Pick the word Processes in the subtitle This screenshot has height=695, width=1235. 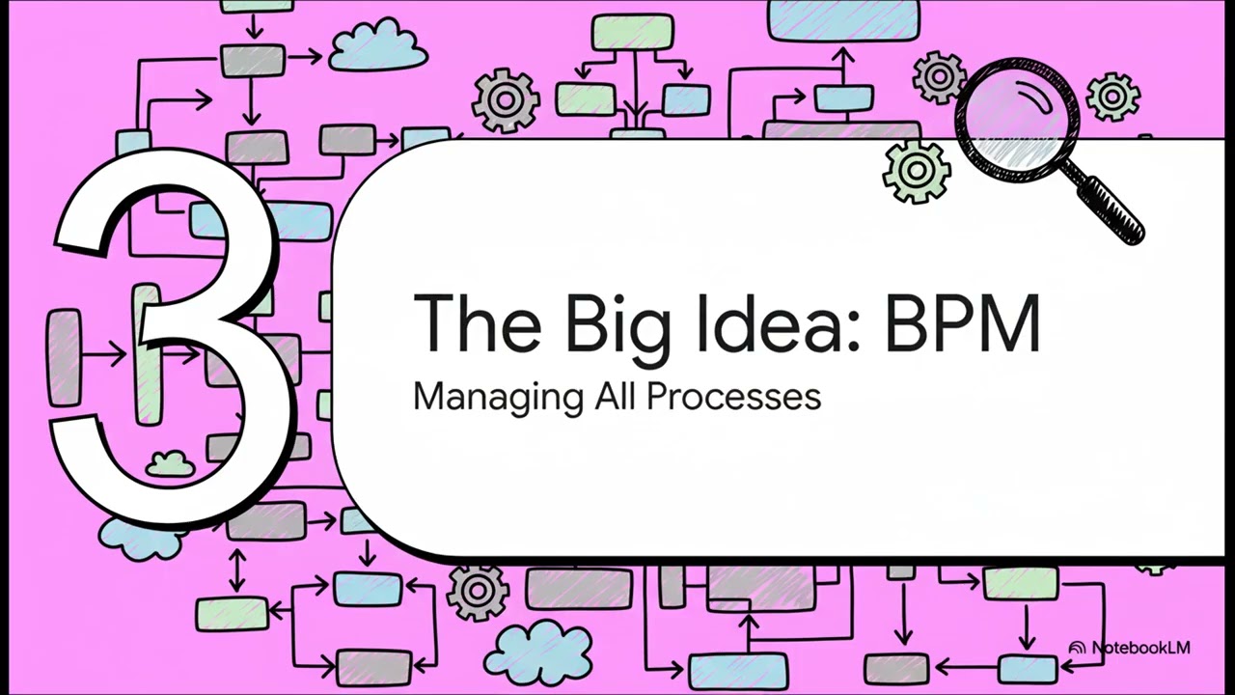coord(733,396)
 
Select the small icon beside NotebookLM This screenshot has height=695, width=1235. coord(1078,649)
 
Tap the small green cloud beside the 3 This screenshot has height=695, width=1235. coord(171,464)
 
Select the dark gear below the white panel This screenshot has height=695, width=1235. coord(478,592)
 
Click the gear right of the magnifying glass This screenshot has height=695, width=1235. coord(1113,97)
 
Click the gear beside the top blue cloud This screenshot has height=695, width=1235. coord(506,99)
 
